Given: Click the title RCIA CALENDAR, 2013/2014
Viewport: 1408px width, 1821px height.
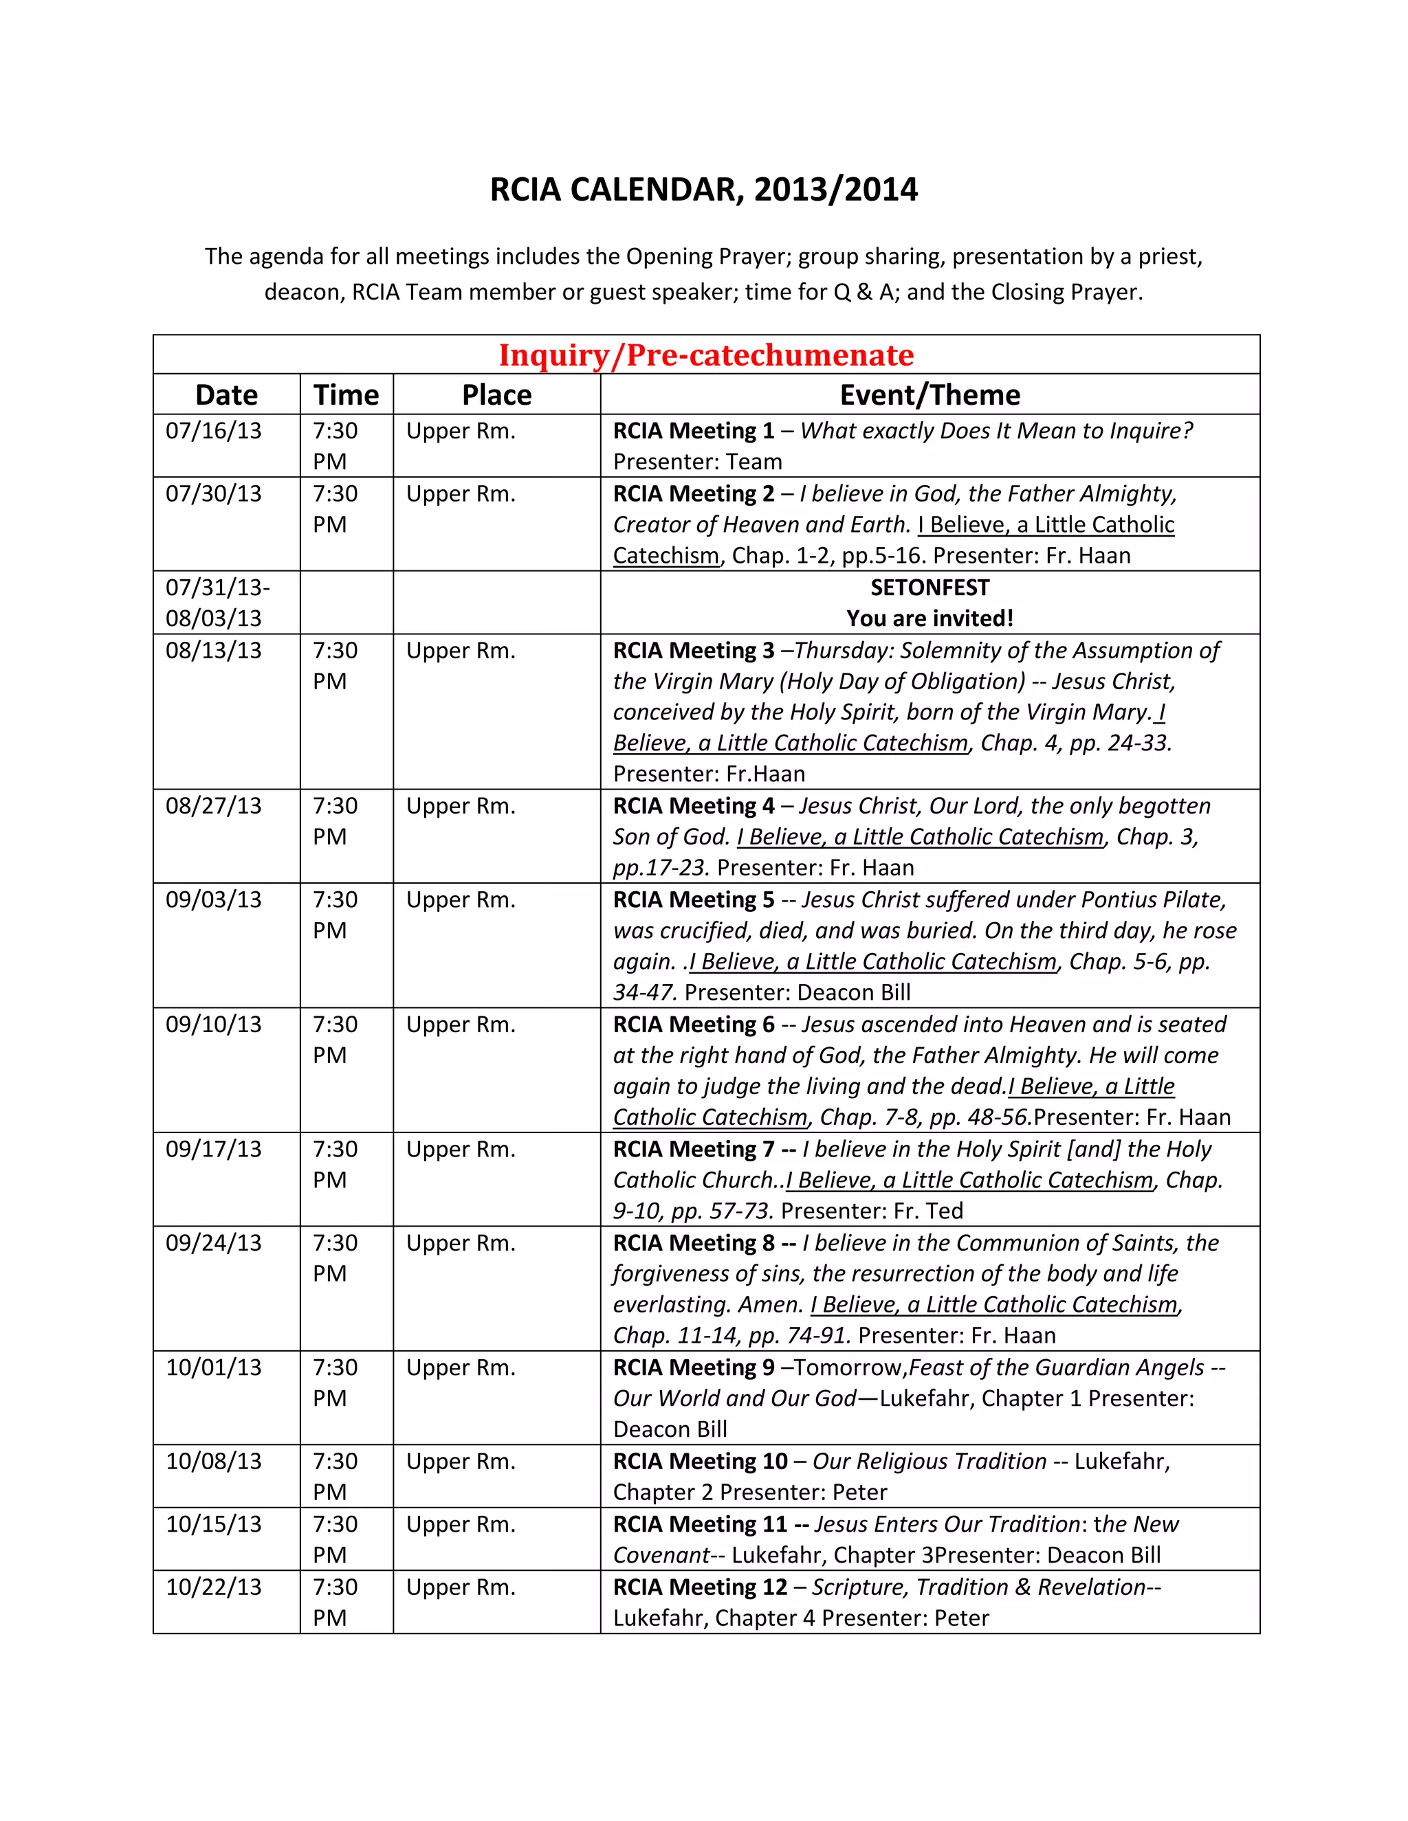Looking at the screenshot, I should tap(703, 190).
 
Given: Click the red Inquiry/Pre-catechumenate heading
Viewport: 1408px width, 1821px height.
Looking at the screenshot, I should tap(705, 355).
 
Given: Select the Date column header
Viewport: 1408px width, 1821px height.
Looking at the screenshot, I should tap(226, 395).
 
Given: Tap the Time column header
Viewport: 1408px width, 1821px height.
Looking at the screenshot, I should tap(346, 395).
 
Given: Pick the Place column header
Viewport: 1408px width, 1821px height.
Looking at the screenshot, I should tap(496, 395).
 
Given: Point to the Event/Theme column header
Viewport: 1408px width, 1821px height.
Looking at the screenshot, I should tap(929, 395).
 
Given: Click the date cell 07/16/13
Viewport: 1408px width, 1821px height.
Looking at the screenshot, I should tap(214, 431).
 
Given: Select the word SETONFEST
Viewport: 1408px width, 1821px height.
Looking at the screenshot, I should tap(929, 588).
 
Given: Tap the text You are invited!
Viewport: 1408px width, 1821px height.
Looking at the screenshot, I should tap(929, 618).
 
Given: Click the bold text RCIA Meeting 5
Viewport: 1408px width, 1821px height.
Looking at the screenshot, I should tap(693, 900).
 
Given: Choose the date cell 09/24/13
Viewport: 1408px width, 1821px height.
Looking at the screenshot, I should tap(214, 1243).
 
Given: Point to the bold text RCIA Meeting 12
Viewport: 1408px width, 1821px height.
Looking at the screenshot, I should tap(700, 1587).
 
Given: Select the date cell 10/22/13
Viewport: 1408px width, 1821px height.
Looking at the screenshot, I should tap(214, 1587).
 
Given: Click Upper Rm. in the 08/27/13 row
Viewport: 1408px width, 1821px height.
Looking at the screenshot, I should tap(461, 806).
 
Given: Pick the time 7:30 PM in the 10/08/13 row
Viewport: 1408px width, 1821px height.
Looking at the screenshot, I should tap(335, 1477).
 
